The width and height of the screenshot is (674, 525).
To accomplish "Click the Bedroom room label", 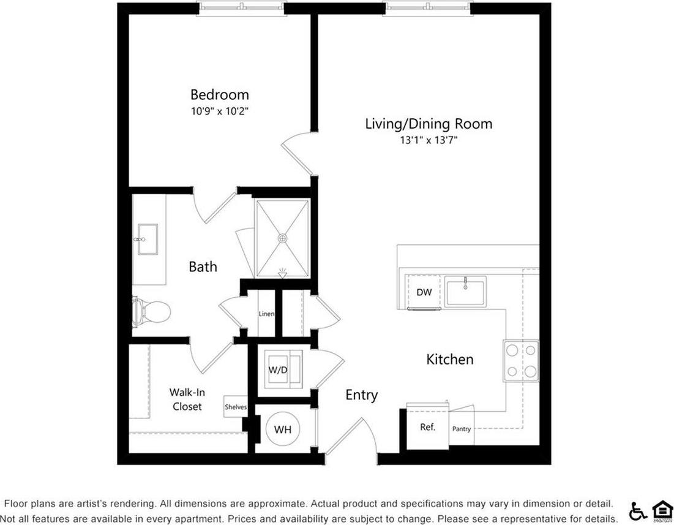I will (x=219, y=95).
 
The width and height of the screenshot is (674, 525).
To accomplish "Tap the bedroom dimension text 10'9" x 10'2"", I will (x=219, y=111).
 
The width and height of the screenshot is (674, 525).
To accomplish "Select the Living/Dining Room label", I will (x=429, y=124).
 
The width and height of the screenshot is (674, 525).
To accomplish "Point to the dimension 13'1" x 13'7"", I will (x=429, y=140).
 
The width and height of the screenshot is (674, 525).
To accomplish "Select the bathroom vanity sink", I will (x=147, y=239).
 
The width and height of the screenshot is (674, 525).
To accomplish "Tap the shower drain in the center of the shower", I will (x=282, y=238).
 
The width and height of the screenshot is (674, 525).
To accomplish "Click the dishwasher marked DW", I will (x=424, y=292).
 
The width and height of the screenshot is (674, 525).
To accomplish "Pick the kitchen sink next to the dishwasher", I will (x=465, y=291).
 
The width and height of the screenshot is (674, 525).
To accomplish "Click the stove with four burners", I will (x=521, y=361).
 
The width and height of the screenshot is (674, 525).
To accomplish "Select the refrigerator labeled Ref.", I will (x=427, y=428).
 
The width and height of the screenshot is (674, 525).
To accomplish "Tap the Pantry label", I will (x=462, y=429).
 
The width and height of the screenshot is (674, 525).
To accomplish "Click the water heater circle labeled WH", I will (x=282, y=429).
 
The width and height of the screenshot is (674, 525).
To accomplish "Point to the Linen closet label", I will (x=266, y=314).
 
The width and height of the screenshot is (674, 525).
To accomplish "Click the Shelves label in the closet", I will (x=236, y=407).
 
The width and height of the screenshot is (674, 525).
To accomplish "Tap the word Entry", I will (x=361, y=395).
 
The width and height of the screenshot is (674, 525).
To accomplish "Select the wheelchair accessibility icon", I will (x=638, y=510).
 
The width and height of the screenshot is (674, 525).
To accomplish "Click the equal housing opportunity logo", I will (x=661, y=510).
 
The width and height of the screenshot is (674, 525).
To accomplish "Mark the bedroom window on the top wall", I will (x=241, y=7).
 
